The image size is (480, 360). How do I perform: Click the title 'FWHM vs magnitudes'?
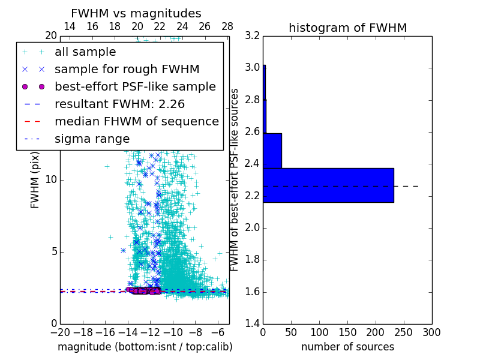pos(136,14)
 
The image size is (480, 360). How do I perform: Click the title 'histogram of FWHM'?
pos(347,28)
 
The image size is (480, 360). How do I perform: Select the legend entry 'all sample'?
pos(85,52)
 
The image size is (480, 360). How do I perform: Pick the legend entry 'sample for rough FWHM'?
pos(127,70)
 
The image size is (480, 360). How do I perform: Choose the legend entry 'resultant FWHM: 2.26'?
pos(119,104)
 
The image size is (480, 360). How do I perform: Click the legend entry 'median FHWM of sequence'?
pos(136,121)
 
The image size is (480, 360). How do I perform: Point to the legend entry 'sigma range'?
pos(92,139)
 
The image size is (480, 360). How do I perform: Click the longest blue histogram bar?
pos(328,185)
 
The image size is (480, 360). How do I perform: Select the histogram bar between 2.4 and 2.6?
pos(272,151)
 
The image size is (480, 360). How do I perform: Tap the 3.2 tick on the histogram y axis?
pos(253,35)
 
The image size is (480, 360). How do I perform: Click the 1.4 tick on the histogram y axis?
pos(253,324)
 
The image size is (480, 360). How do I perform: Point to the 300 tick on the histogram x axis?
pos(431,332)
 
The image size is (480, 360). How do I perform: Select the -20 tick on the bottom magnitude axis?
pos(60,332)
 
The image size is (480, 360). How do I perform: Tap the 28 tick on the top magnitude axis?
pos(227,26)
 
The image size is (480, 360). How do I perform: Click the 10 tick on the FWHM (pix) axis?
pos(51,179)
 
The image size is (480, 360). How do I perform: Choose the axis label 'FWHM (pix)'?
pos(35,180)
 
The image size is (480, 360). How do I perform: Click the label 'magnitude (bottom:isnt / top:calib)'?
pos(145,347)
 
